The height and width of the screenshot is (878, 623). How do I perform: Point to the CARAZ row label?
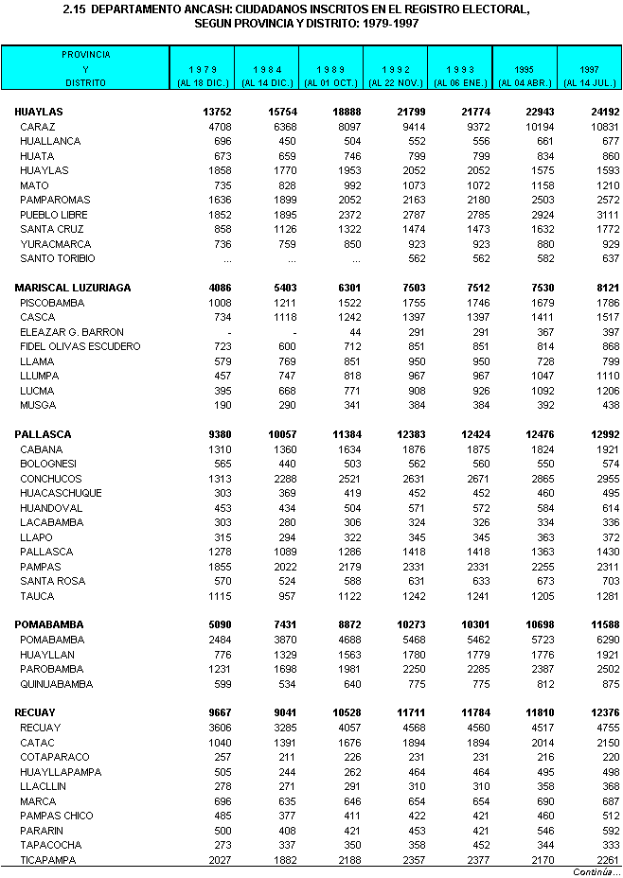(x=38, y=127)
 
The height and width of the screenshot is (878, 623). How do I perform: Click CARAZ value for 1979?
(x=218, y=127)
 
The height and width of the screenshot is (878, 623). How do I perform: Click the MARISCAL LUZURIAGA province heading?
(x=73, y=288)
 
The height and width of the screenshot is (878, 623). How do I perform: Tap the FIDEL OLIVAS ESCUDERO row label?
(x=80, y=346)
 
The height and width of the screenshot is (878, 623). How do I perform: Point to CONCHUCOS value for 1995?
(x=543, y=479)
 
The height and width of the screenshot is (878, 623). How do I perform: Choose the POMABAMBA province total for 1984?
(x=281, y=624)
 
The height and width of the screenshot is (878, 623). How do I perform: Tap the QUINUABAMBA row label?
(x=57, y=683)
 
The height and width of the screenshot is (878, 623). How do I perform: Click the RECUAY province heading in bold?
(x=35, y=712)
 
